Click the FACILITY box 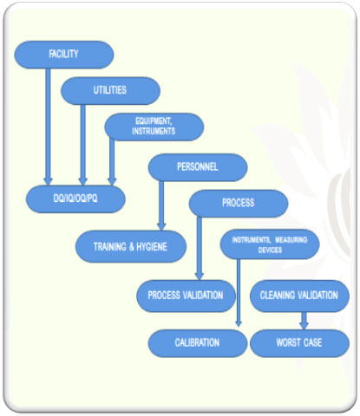(x=64, y=55)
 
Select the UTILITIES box (x=110, y=91)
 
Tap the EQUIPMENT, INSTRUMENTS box (x=154, y=127)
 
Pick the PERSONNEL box (x=198, y=167)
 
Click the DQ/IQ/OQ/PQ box (x=75, y=199)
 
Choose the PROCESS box (x=239, y=204)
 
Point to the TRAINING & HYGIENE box (x=131, y=246)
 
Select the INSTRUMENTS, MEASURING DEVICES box (x=270, y=244)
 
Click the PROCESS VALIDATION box (x=186, y=296)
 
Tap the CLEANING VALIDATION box (x=299, y=296)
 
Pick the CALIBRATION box (x=198, y=343)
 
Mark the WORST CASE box (x=299, y=343)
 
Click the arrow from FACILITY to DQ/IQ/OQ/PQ (x=48, y=127)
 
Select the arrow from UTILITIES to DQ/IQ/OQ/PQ (x=83, y=145)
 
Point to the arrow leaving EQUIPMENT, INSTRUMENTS (x=112, y=162)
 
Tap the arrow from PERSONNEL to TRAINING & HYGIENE (x=161, y=205)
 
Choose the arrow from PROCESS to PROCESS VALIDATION (x=200, y=248)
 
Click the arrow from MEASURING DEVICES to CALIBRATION (x=239, y=293)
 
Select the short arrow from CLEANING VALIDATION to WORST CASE (x=304, y=321)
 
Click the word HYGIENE (x=152, y=247)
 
